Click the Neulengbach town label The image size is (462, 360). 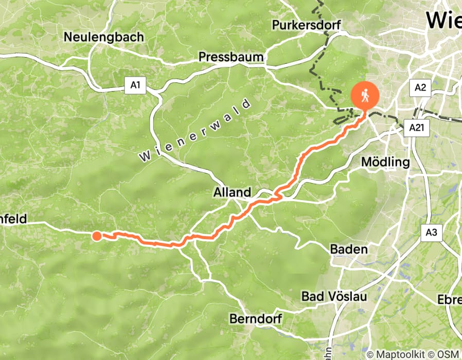click(104, 38)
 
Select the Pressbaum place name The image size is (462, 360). click(231, 57)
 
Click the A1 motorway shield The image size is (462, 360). click(135, 86)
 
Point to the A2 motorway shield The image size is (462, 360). click(420, 87)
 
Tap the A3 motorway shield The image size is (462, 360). click(431, 232)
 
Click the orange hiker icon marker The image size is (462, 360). click(365, 96)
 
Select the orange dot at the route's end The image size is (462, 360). click(97, 236)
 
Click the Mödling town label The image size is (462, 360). click(386, 163)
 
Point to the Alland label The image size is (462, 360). click(233, 193)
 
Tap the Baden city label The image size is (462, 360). click(349, 249)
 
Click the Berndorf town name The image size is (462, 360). click(256, 319)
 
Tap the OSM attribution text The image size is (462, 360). click(448, 354)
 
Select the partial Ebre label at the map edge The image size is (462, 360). click(449, 300)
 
